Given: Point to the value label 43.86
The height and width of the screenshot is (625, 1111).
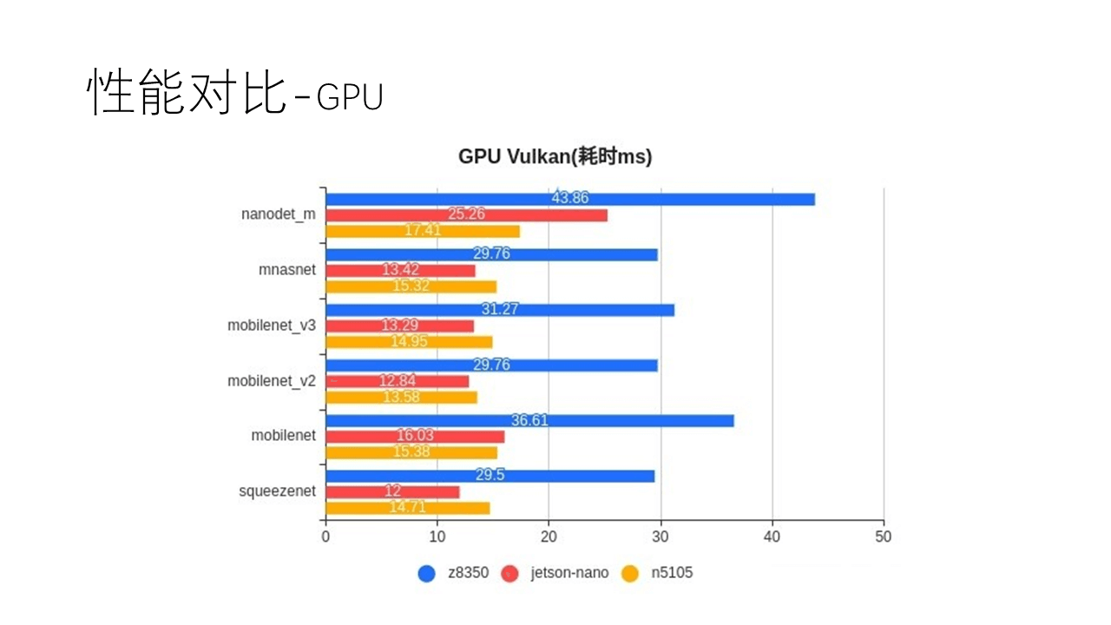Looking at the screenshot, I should pos(569,198).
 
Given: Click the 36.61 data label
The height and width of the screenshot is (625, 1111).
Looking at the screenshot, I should pos(529,420).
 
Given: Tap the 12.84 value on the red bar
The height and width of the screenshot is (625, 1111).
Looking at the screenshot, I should pos(397,381).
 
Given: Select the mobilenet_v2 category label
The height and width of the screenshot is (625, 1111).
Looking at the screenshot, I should pos(272,380).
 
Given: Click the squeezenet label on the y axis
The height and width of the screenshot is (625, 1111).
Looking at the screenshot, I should pos(277,491).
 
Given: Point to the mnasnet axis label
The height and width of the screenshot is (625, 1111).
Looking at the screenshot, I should pos(287,270).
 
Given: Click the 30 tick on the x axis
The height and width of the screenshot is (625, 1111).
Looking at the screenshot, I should pos(661,536).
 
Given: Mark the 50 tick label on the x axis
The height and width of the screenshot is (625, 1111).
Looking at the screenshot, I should pos(884,536).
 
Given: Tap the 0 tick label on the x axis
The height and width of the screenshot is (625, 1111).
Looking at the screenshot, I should pos(325,536).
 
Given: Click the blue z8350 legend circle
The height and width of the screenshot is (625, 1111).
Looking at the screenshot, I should pos(426,573).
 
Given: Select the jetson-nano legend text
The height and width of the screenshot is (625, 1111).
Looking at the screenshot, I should pos(569,573).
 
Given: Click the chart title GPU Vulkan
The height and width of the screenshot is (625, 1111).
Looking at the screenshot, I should pos(555,157).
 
